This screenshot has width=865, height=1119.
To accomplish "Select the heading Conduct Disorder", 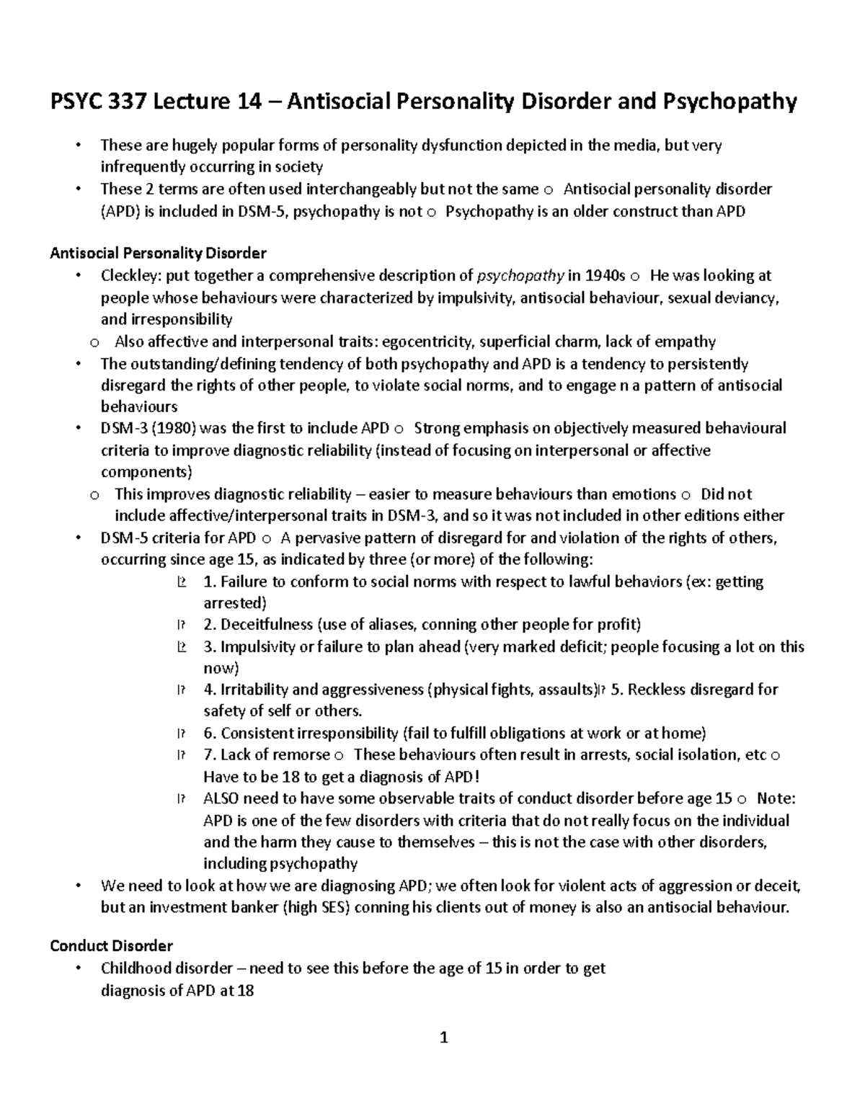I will [111, 945].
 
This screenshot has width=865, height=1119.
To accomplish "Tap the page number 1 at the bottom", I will [444, 1038].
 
